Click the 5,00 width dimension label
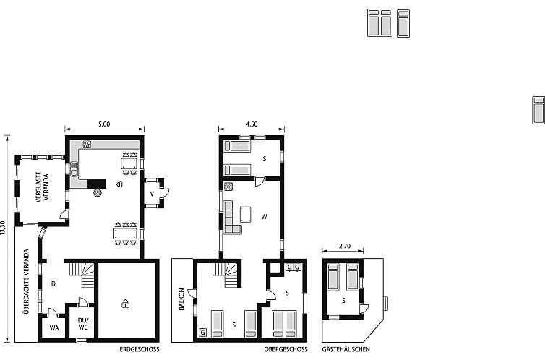pos(104,124)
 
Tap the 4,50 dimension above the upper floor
pos(252,124)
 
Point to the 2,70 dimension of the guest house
pos(344,247)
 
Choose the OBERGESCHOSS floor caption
pos(286,349)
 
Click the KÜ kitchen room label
pos(119,184)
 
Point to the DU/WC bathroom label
pos(82,323)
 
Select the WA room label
pos(53,327)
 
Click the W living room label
pos(265,215)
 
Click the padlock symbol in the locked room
pos(126,303)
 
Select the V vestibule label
pos(153,194)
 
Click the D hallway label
pos(53,284)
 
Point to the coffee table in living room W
pos(246,214)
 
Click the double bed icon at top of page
pos(379,22)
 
